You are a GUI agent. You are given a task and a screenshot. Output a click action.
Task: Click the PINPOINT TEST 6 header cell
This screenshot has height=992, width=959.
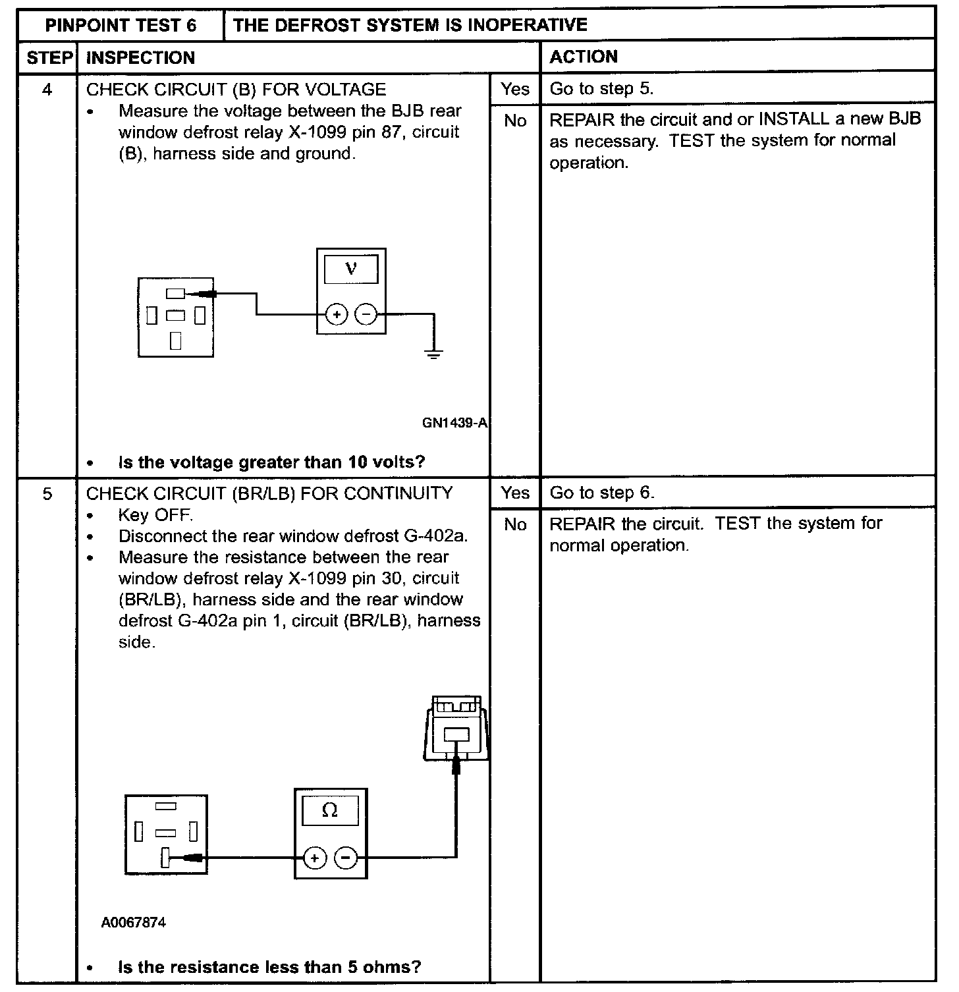(x=121, y=25)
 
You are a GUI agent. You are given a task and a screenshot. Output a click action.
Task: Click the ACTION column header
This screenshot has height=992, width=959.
(x=584, y=57)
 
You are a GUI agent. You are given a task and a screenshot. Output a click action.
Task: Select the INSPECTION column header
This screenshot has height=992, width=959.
(x=140, y=57)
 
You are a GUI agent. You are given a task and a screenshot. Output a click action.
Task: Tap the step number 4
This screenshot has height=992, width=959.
(x=47, y=89)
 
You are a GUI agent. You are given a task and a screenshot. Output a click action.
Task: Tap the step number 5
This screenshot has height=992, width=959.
(x=47, y=493)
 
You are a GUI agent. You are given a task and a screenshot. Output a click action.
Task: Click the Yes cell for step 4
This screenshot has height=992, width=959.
(x=514, y=89)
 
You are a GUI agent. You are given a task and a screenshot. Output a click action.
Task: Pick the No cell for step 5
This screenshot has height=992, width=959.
(x=514, y=525)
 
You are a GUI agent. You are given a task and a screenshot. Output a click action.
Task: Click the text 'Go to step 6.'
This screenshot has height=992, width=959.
(x=602, y=493)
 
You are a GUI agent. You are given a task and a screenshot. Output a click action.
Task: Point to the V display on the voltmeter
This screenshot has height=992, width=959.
(x=351, y=268)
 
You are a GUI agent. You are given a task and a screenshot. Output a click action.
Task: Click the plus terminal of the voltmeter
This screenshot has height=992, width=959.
(x=337, y=315)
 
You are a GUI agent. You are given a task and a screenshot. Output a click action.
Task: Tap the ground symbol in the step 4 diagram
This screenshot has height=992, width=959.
(x=433, y=354)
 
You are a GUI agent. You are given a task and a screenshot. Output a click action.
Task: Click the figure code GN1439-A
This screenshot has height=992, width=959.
(x=454, y=423)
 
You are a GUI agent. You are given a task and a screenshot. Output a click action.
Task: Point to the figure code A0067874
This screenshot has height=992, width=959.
(x=134, y=922)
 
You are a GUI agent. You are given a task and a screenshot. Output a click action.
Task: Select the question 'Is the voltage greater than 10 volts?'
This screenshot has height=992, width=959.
(x=271, y=462)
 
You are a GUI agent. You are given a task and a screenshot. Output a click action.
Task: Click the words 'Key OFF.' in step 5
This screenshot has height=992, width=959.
(x=155, y=514)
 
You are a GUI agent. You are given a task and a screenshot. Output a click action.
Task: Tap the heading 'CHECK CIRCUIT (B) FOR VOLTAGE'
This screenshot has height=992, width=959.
(x=236, y=89)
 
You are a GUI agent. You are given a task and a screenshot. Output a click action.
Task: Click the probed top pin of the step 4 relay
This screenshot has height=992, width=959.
(x=176, y=294)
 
